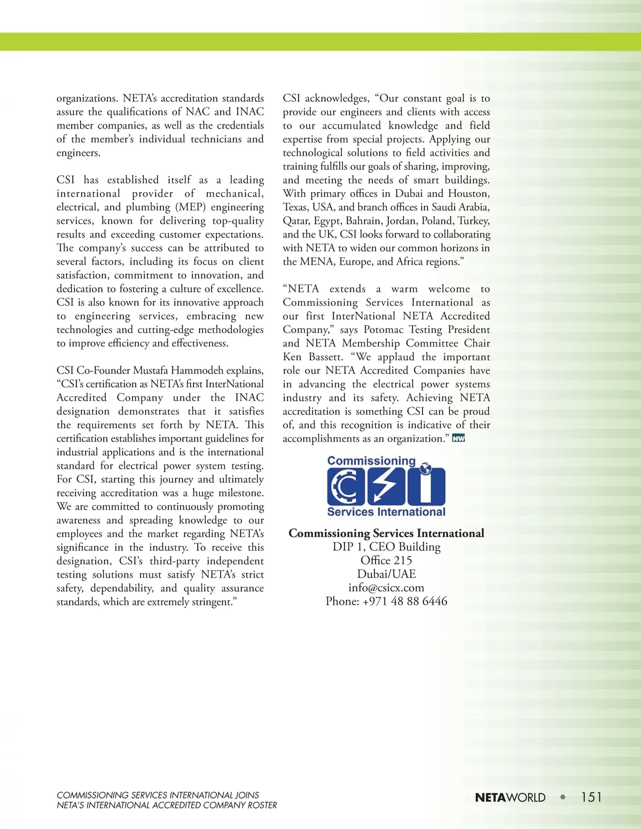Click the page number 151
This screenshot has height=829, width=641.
coord(591,797)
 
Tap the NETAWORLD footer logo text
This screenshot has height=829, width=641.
coord(510,798)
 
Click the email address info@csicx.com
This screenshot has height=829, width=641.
coord(386,588)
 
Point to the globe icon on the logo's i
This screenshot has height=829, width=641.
coord(426,469)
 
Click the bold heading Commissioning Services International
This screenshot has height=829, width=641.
coord(386,533)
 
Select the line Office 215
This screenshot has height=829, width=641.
coord(386,560)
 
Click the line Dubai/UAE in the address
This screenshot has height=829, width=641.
coord(386,574)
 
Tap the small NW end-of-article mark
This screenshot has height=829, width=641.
coord(458,439)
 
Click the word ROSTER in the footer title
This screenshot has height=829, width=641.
coord(262,805)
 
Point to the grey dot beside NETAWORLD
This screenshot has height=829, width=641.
coord(562,797)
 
